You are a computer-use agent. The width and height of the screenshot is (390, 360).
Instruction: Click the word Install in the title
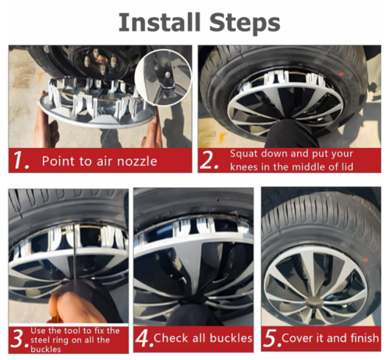(x=159, y=23)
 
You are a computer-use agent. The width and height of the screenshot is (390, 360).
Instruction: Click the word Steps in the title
(x=245, y=23)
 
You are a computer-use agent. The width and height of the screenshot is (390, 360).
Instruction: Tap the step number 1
(x=20, y=161)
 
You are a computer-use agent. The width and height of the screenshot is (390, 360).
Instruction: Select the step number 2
(x=208, y=161)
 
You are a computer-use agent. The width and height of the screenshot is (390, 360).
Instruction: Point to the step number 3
(x=19, y=339)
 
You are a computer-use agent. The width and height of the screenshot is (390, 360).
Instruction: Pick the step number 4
(x=144, y=338)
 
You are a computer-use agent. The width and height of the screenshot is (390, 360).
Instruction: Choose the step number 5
(x=272, y=338)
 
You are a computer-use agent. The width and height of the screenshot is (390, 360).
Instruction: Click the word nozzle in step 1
(x=137, y=161)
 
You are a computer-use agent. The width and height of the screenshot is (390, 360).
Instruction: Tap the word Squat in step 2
(x=244, y=154)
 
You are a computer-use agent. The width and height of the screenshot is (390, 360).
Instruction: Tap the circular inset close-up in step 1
(x=163, y=77)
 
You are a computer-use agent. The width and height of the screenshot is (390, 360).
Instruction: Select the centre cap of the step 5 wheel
(x=315, y=302)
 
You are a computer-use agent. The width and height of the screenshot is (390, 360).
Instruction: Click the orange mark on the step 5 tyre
(x=365, y=260)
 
